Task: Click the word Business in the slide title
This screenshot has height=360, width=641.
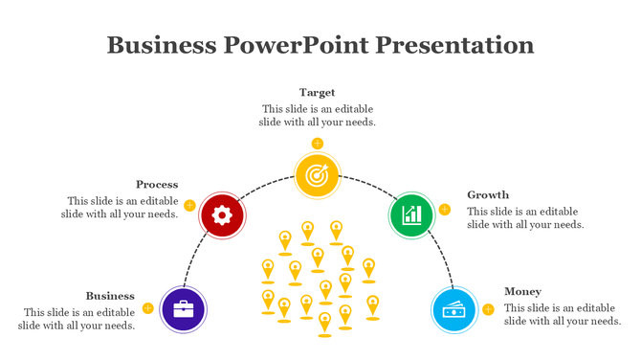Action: (x=162, y=45)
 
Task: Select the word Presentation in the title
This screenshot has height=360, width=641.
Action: (x=452, y=45)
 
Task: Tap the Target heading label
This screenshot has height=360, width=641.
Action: (x=317, y=93)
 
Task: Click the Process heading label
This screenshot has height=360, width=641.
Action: (x=157, y=185)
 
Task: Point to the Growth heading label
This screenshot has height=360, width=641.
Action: (x=488, y=195)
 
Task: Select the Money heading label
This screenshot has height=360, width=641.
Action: (x=522, y=292)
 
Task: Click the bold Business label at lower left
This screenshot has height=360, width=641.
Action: (x=110, y=296)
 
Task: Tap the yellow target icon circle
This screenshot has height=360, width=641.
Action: (x=317, y=175)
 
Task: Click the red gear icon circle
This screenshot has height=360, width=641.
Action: (x=222, y=214)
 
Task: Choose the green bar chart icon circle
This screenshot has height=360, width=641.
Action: (x=411, y=214)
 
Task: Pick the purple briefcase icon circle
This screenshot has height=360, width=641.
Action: (x=184, y=309)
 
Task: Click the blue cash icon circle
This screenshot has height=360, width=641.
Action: (x=453, y=309)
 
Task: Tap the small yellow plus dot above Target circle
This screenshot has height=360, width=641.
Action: (x=317, y=144)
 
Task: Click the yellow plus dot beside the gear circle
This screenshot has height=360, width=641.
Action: (x=189, y=205)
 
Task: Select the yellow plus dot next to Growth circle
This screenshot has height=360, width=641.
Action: (x=444, y=210)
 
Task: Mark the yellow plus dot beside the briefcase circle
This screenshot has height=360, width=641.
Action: (x=147, y=308)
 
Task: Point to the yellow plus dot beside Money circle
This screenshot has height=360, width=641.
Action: (x=488, y=309)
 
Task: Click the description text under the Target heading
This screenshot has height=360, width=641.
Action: (x=317, y=116)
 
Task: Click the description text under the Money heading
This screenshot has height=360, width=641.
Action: (x=563, y=315)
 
